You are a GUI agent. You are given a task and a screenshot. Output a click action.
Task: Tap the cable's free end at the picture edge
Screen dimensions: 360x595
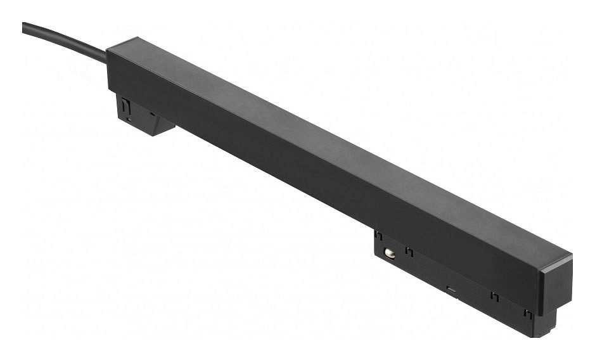tap(24, 27)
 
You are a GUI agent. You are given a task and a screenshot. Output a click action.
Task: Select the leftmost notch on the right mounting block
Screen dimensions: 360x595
tap(378, 235)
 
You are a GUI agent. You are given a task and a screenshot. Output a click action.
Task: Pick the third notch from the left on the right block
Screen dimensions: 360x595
tap(494, 296)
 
